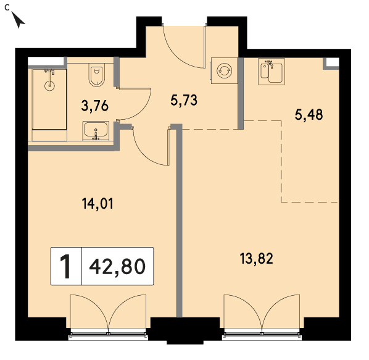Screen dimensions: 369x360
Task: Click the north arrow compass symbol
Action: (x=18, y=20)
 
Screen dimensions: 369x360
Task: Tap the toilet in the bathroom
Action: (x=96, y=75)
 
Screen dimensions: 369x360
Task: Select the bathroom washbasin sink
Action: (x=96, y=131)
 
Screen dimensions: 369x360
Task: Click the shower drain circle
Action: (x=49, y=85)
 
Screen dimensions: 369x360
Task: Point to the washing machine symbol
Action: (x=224, y=70)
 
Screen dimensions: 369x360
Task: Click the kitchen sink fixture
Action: (x=272, y=72)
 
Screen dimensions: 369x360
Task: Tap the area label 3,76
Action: (x=94, y=106)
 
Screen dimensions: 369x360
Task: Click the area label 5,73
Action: (x=184, y=100)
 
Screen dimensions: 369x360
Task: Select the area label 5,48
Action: (x=309, y=115)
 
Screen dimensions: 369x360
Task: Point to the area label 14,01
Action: (x=97, y=204)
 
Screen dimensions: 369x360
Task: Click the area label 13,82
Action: (x=257, y=258)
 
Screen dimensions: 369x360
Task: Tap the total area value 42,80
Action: (x=117, y=266)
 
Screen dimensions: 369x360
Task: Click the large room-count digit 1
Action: (x=65, y=267)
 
